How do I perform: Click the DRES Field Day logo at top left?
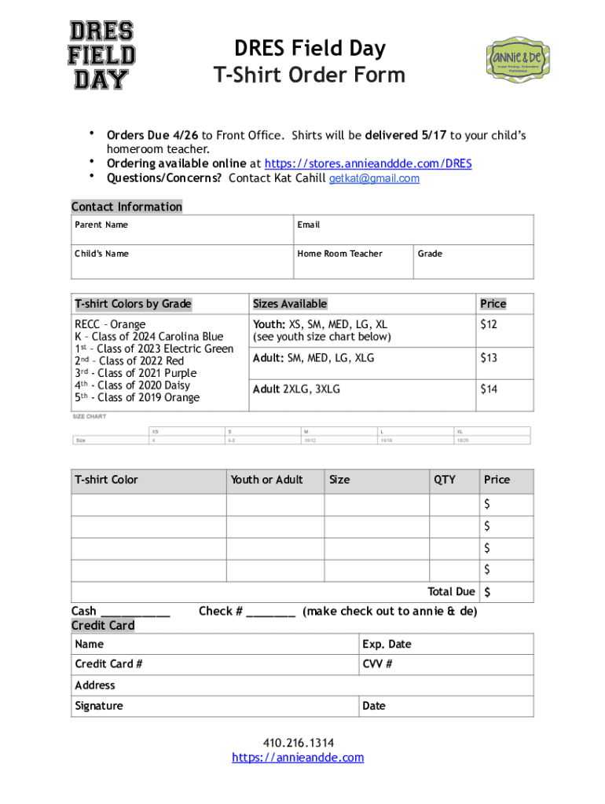[x=101, y=55]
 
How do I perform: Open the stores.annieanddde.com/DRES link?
[x=368, y=164]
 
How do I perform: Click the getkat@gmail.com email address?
[x=373, y=179]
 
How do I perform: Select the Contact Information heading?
[x=126, y=207]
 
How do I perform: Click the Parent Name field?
[x=181, y=230]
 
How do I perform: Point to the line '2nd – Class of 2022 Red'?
[x=129, y=361]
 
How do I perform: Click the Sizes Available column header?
[x=289, y=304]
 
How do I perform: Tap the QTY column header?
[x=444, y=480]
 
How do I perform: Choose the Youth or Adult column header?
[x=266, y=480]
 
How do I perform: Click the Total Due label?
[x=450, y=592]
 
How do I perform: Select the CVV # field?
[x=445, y=664]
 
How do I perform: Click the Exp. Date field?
[x=445, y=645]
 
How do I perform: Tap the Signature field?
[x=214, y=706]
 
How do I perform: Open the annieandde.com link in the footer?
[x=298, y=758]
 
